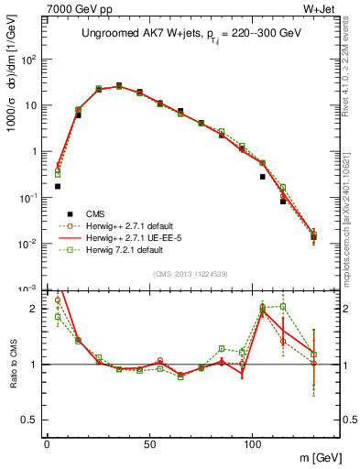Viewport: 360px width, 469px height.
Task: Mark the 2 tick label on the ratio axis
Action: point(35,309)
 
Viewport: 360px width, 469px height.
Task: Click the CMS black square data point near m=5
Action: point(57,186)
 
